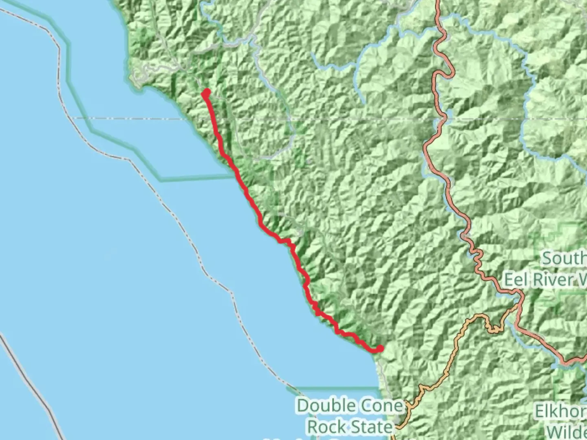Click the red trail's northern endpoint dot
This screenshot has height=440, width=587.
coord(206,92)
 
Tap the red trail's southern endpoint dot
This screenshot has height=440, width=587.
coord(380,348)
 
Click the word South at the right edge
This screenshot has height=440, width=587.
coord(565,258)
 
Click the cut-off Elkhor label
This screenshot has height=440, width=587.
coord(561,412)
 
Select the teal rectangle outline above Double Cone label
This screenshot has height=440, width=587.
coord(334,388)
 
